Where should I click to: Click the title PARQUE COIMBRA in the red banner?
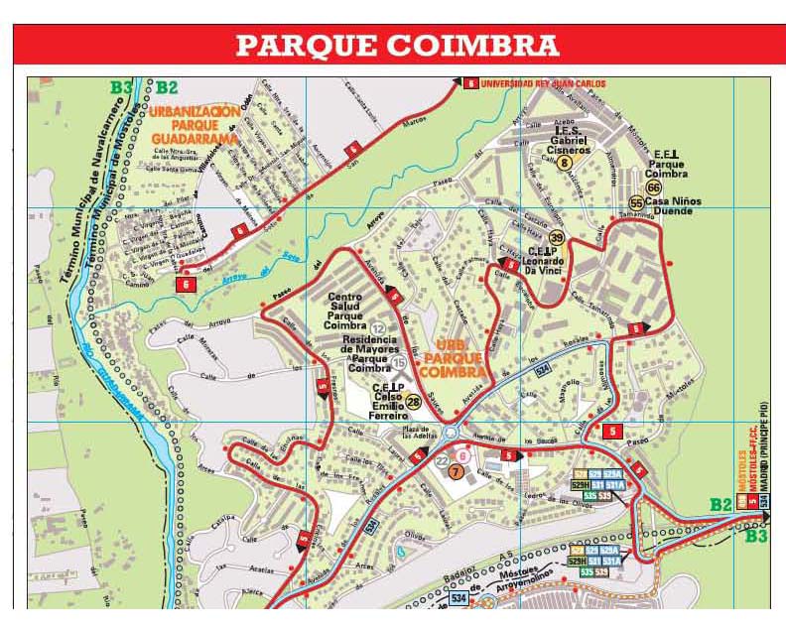397,46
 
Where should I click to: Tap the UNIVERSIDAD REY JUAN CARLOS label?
542,83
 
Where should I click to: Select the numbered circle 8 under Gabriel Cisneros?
565,163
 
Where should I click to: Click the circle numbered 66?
653,188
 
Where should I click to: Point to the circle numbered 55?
637,202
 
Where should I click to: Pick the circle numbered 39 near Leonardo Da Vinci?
557,238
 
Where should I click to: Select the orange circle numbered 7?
456,472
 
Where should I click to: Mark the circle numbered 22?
443,460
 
